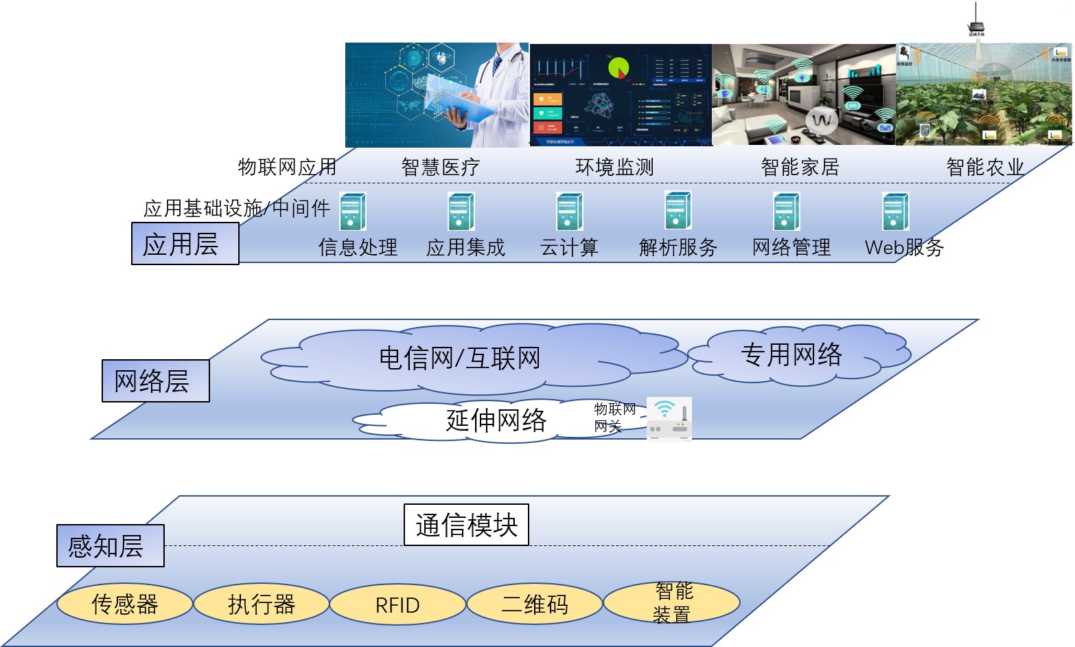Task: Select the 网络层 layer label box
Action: point(155,381)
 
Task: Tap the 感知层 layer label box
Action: point(110,545)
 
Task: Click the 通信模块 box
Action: point(466,525)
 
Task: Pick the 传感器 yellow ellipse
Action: point(124,604)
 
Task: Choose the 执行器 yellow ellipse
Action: point(261,604)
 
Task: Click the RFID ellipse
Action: point(397,604)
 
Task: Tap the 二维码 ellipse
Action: point(534,604)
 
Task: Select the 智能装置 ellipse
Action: point(671,603)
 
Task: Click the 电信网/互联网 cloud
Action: point(460,358)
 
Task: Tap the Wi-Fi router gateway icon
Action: point(669,418)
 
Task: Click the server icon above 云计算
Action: point(569,212)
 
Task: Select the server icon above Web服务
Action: point(895,212)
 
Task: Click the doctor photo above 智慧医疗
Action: point(437,95)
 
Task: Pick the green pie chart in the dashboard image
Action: point(619,68)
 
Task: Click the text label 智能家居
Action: point(800,167)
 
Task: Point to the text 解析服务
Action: point(678,247)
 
